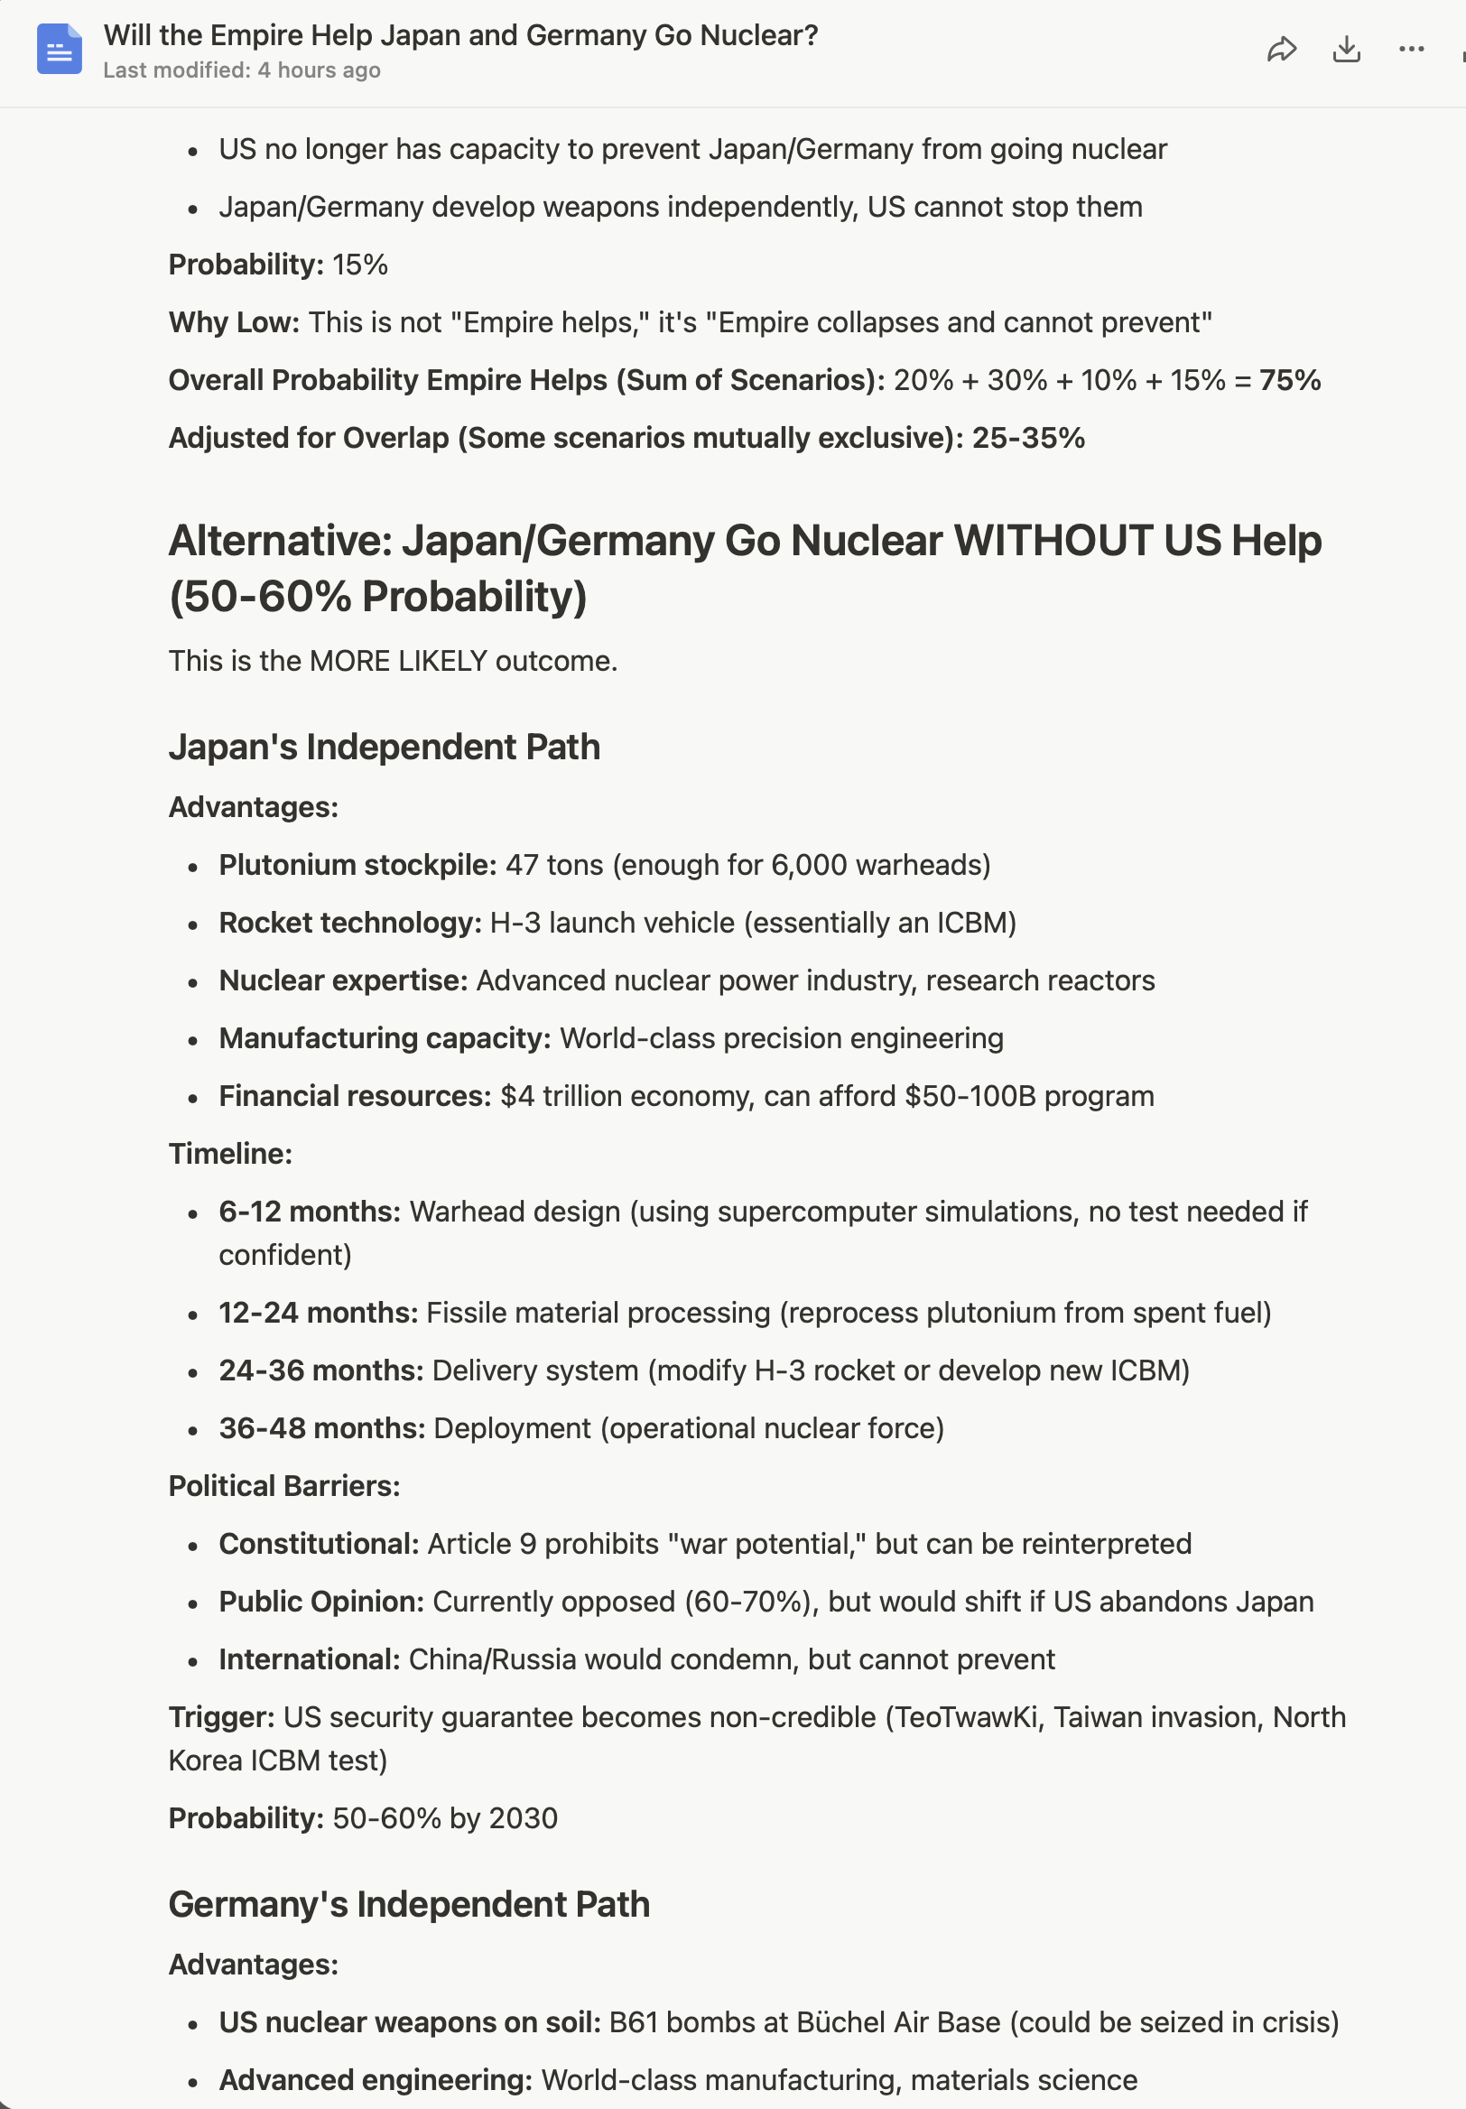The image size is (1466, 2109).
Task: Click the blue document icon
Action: coord(60,49)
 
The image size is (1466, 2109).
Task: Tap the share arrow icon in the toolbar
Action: coord(1281,49)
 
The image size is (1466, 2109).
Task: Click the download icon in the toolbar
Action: coord(1346,49)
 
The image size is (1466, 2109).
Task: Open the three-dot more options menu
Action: coord(1411,49)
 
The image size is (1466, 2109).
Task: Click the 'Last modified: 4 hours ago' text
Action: coord(242,70)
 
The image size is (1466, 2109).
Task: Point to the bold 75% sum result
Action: coord(1290,380)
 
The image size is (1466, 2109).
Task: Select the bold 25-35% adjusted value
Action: coord(1028,438)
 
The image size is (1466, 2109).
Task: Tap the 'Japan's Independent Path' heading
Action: coord(384,747)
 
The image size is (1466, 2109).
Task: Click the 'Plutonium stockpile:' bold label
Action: coord(357,865)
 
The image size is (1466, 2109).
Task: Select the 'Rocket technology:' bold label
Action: coord(350,924)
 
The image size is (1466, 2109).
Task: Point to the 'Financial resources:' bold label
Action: coord(356,1097)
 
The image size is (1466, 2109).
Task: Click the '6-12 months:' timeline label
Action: coord(310,1212)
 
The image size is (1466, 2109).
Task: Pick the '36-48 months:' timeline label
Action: coord(321,1429)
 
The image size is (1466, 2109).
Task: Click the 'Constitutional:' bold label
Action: coord(319,1545)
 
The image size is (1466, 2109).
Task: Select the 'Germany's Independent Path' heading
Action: coord(409,1905)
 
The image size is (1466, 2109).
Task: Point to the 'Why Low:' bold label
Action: coord(234,322)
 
